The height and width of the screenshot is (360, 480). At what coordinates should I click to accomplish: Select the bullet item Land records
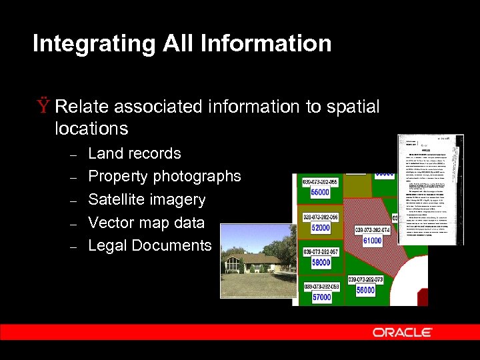click(x=134, y=153)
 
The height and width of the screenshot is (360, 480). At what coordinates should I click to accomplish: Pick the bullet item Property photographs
click(x=164, y=177)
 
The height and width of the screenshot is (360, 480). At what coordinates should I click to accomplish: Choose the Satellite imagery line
click(x=146, y=199)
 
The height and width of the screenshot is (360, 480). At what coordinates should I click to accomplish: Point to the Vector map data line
click(x=146, y=223)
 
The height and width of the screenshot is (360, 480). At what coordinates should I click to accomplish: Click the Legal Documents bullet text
click(x=149, y=245)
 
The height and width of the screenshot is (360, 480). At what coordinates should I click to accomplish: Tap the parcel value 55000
click(x=321, y=193)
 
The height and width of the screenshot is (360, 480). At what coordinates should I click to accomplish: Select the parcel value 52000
click(x=321, y=228)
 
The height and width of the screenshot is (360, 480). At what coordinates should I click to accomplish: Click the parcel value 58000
click(x=321, y=263)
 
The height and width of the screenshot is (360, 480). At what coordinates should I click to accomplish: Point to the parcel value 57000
click(x=321, y=297)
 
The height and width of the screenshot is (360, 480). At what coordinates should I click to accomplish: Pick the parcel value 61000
click(x=372, y=241)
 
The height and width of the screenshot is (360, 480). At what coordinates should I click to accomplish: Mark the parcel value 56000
click(x=365, y=290)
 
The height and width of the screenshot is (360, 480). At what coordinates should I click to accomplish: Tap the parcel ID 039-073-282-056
click(x=321, y=217)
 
